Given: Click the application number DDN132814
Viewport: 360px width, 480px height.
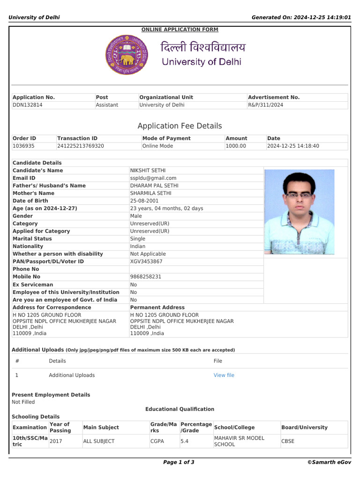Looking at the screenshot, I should click(x=28, y=105).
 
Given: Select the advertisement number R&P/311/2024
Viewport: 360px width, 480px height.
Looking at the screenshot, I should click(x=265, y=105).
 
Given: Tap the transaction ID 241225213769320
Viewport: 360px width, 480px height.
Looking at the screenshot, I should click(x=81, y=146).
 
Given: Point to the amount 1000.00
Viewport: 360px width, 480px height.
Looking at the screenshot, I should click(x=236, y=146).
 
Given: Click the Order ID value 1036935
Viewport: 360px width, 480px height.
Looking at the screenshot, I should click(x=23, y=146).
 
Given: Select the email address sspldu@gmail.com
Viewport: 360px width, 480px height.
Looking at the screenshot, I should click(x=153, y=178).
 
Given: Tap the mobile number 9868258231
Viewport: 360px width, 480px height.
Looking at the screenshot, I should click(x=146, y=277).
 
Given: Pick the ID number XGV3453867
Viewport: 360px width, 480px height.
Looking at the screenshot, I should click(x=146, y=262).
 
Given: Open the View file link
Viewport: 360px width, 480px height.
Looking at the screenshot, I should click(x=224, y=375).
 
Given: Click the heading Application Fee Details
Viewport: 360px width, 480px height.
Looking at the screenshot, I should click(x=180, y=126).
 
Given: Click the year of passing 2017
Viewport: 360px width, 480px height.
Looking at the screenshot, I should click(x=55, y=441).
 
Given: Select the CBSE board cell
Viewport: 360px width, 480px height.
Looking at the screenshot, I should click(x=288, y=441).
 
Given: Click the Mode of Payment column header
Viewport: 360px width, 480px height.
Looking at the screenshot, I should click(x=166, y=138).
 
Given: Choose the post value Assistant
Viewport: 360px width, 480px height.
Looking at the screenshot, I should click(x=107, y=105).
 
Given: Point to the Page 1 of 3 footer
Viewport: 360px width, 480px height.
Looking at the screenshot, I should click(x=179, y=462).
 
